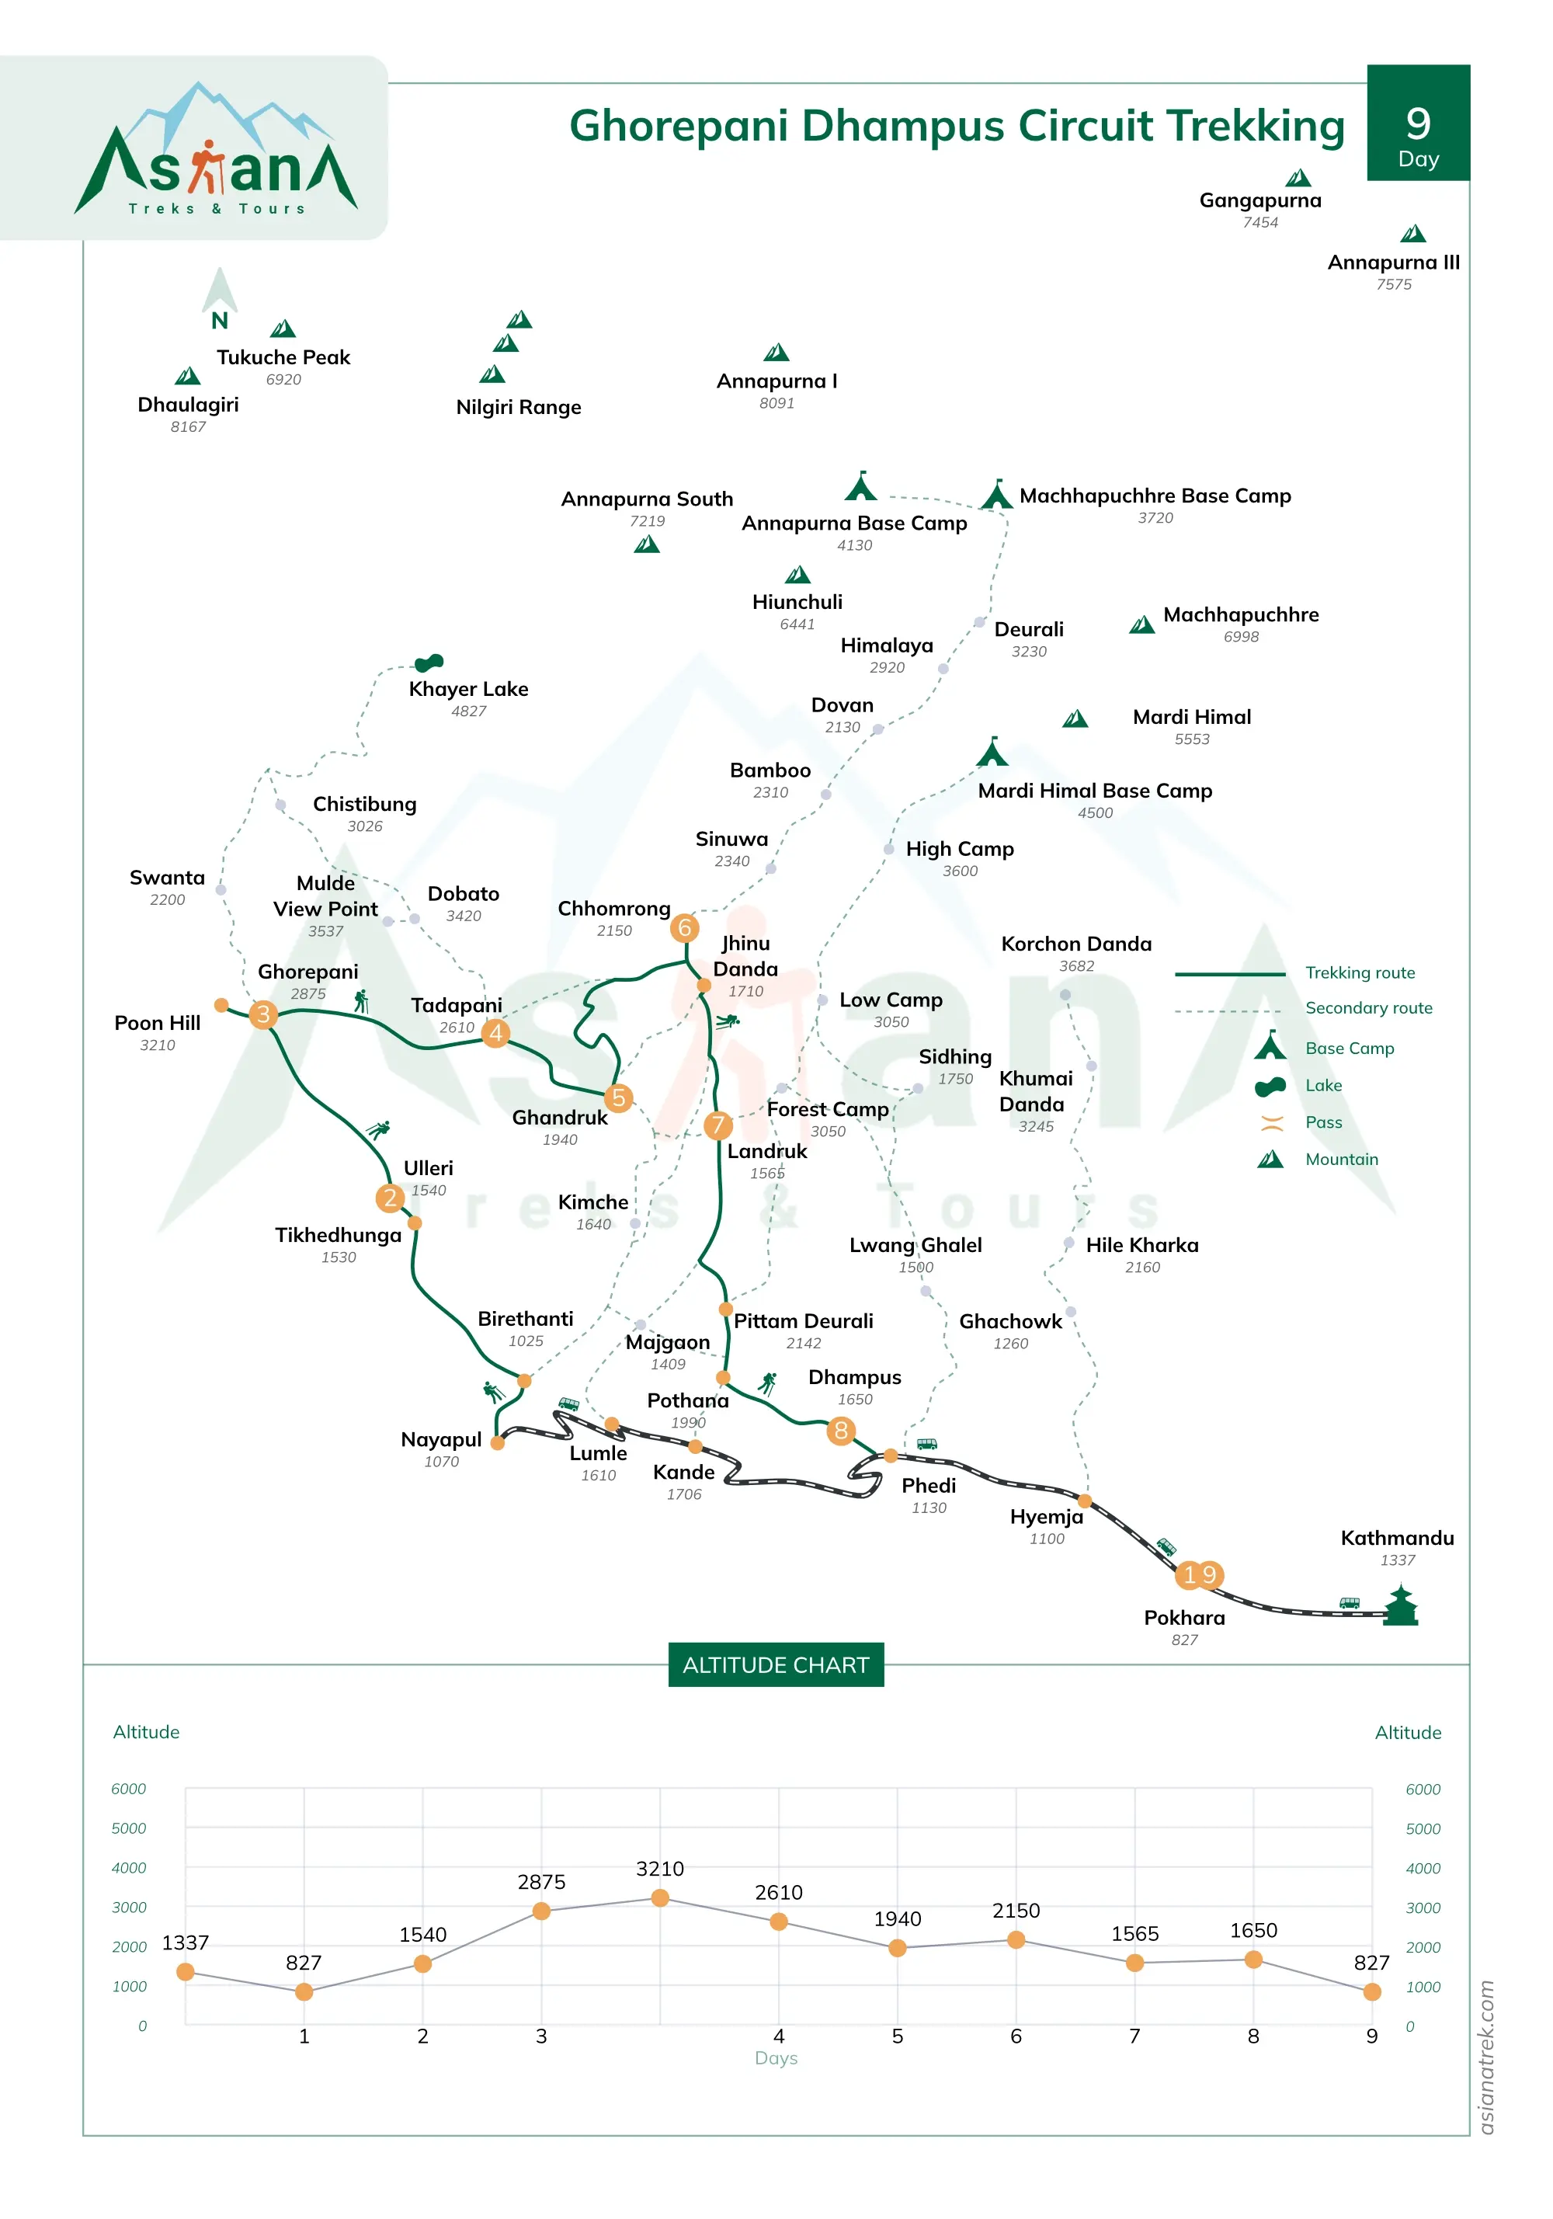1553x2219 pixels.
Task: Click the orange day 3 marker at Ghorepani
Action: (263, 1014)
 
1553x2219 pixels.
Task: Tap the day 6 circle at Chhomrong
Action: (684, 928)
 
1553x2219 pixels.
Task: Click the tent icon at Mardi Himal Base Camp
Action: (992, 751)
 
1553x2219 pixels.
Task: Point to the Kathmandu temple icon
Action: (1399, 1605)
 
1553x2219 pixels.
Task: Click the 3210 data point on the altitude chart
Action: (660, 1898)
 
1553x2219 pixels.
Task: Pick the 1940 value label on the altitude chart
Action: (897, 1918)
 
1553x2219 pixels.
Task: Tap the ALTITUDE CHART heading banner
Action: (775, 1664)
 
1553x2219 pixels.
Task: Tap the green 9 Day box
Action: (1418, 123)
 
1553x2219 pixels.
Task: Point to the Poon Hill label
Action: (158, 1023)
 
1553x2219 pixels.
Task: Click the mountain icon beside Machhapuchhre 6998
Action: (1141, 624)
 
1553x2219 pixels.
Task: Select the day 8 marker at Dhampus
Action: (841, 1431)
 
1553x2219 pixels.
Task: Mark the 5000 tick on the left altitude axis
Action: (129, 1828)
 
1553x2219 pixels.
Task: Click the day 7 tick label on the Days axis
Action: (1134, 2036)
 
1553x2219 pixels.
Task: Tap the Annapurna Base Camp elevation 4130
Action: (854, 545)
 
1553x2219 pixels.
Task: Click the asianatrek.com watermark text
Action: (1486, 2057)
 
